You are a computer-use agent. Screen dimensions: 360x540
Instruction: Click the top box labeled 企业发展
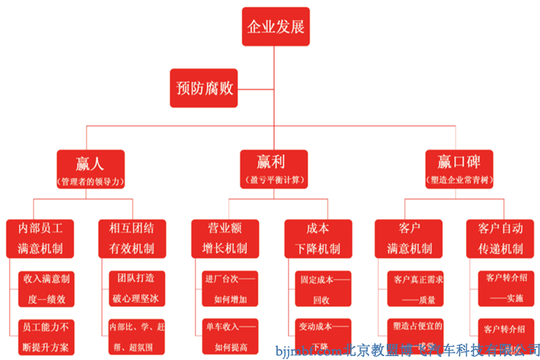[275, 28]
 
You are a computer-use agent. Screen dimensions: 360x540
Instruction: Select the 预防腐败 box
[203, 88]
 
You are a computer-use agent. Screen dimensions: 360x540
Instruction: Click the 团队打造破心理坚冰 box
[136, 287]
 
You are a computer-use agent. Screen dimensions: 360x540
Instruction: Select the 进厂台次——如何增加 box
[230, 287]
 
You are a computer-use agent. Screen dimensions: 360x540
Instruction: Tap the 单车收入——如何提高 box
[230, 335]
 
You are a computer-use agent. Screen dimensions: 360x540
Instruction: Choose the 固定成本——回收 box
[321, 287]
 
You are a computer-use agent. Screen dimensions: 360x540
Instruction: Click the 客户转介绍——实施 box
[505, 287]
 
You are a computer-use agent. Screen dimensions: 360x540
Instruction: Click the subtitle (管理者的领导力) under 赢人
[91, 180]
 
